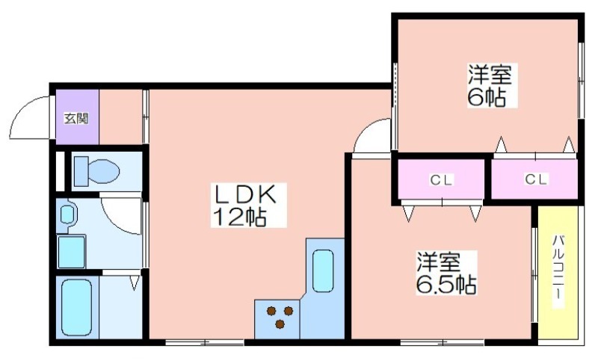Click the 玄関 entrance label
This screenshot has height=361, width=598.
(76, 119)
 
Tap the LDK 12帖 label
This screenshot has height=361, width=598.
(248, 205)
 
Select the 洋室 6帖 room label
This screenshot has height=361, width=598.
(493, 85)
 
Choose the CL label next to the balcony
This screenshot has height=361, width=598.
(537, 179)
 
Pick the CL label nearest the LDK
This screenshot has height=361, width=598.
(441, 179)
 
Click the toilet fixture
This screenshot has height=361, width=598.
(96, 170)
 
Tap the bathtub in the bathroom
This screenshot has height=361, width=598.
(76, 308)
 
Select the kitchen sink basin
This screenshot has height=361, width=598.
(323, 271)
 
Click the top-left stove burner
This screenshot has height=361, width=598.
(271, 311)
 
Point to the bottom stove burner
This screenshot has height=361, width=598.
(280, 324)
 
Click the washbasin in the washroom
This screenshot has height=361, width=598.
(67, 215)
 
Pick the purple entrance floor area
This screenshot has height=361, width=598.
(78, 117)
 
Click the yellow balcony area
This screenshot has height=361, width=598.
(558, 272)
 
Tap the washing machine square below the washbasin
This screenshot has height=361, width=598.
(71, 252)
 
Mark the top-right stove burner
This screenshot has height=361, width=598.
(289, 311)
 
